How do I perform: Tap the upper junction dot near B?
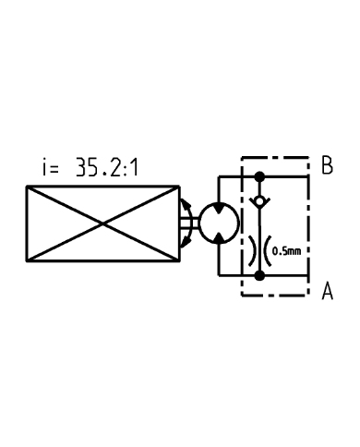(259, 175)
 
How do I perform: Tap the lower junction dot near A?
(259, 273)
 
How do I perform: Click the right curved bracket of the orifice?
(268, 248)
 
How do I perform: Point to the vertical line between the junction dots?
(259, 226)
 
